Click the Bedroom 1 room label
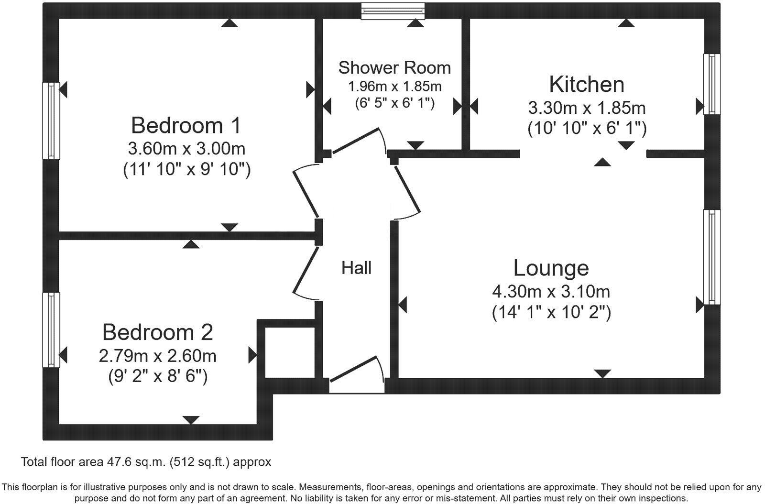[186, 125]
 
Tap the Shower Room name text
[394, 68]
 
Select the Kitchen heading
[587, 85]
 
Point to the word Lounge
[551, 268]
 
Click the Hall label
[356, 268]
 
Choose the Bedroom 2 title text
[157, 332]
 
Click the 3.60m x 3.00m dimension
[186, 149]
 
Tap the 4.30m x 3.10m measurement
[551, 291]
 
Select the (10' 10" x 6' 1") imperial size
[587, 129]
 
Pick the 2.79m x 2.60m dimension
[157, 356]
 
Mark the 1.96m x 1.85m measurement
[394, 87]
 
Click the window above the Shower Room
[393, 11]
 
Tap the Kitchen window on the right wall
[711, 84]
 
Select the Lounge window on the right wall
[711, 256]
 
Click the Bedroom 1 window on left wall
[51, 121]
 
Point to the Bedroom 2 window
[51, 330]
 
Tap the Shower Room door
[360, 141]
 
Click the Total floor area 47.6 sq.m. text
[146, 462]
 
